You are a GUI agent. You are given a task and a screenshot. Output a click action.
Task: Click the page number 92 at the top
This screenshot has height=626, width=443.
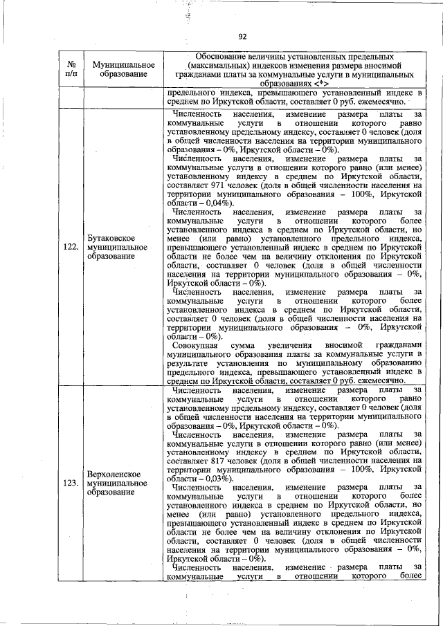[x=242, y=37]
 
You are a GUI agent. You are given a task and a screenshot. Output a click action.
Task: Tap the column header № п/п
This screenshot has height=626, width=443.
[x=71, y=68]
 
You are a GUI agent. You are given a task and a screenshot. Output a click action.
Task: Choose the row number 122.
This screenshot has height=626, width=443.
[x=71, y=244]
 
